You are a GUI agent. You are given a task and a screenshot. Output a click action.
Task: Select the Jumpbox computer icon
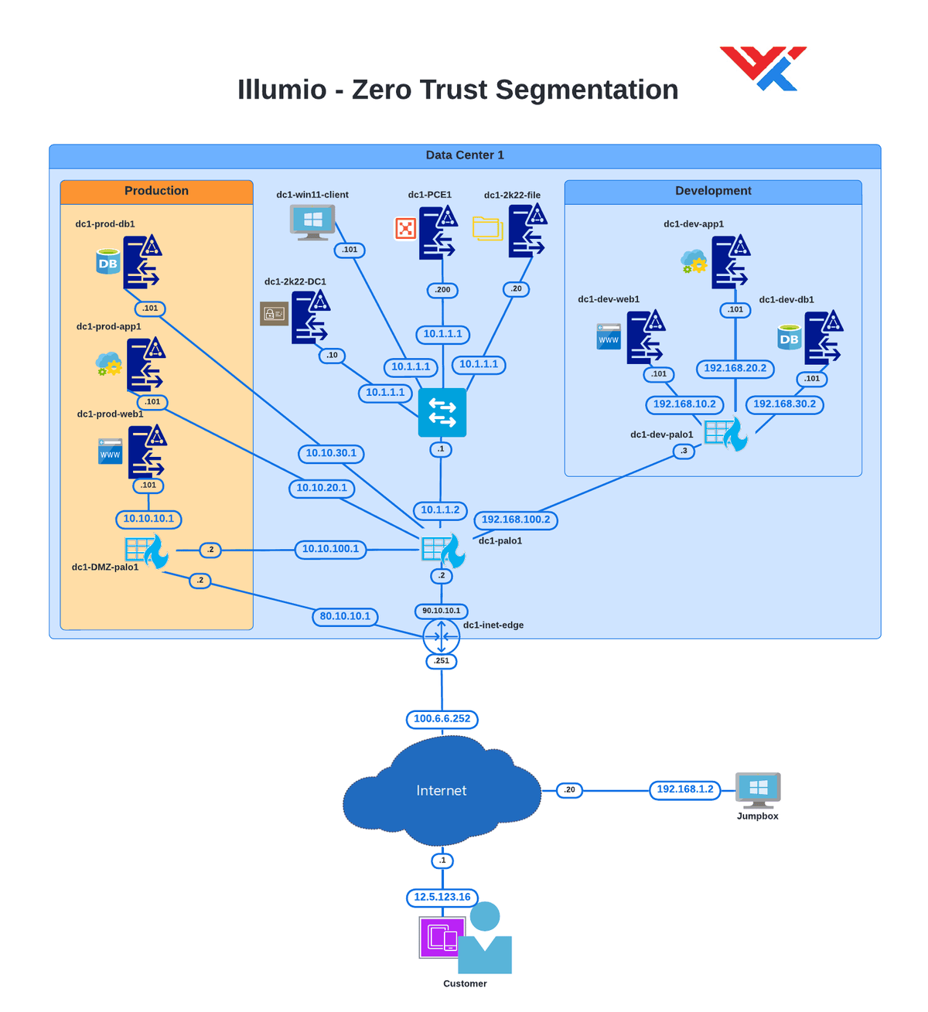click(758, 789)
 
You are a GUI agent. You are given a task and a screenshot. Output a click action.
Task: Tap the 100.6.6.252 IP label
click(442, 719)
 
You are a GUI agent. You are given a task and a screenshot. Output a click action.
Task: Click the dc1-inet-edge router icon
click(442, 637)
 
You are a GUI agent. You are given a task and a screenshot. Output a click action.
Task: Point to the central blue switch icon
click(442, 413)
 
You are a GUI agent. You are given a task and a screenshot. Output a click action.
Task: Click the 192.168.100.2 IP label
click(516, 520)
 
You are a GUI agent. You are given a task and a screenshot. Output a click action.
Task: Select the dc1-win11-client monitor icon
click(312, 222)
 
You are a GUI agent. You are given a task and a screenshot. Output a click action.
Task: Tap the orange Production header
click(156, 191)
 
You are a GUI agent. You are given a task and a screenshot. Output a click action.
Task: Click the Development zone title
click(713, 191)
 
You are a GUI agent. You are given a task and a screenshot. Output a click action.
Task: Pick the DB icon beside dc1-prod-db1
click(108, 262)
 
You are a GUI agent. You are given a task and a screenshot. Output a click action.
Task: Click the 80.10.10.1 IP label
click(345, 616)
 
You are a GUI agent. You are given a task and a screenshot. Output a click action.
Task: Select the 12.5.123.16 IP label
click(442, 898)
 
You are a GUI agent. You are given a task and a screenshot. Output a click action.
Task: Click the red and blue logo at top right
click(763, 68)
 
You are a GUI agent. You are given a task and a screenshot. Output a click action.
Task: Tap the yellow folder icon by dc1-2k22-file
click(488, 229)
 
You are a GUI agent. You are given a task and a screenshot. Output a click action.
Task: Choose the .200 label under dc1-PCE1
click(442, 290)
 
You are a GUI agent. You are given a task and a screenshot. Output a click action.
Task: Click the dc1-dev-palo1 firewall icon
click(725, 434)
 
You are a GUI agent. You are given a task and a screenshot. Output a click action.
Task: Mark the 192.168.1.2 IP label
click(685, 789)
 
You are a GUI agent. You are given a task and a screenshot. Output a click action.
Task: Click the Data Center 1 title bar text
click(465, 155)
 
